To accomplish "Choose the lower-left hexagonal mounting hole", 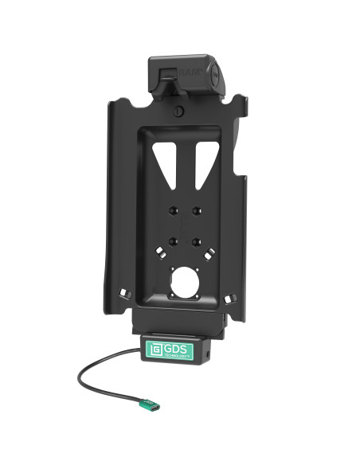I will [172, 238].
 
